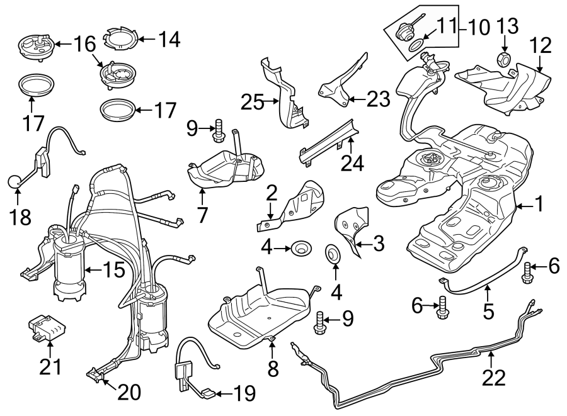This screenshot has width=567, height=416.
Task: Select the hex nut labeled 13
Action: [x=504, y=60]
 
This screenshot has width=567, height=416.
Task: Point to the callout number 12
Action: [x=541, y=45]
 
